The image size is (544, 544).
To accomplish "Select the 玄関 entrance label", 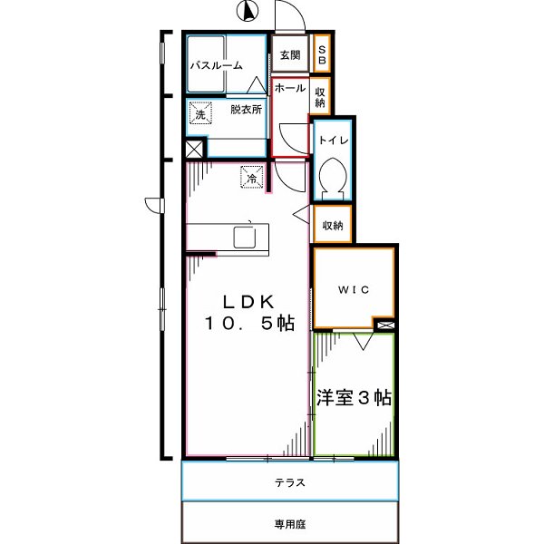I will pyautogui.click(x=290, y=55).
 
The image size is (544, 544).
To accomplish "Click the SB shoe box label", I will pyautogui.click(x=322, y=54).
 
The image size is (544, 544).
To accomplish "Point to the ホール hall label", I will pyautogui.click(x=289, y=88).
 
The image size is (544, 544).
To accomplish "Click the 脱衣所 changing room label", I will pyautogui.click(x=245, y=110).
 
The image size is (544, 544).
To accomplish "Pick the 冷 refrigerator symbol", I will pyautogui.click(x=251, y=177).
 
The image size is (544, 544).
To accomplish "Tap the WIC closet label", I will pyautogui.click(x=353, y=290).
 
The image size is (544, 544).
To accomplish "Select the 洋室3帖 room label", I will pyautogui.click(x=354, y=397).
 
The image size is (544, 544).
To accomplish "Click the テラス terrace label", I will pyautogui.click(x=289, y=482).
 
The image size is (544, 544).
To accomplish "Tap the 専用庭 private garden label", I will pyautogui.click(x=289, y=523).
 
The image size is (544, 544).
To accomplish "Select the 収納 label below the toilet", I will pyautogui.click(x=333, y=225).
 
